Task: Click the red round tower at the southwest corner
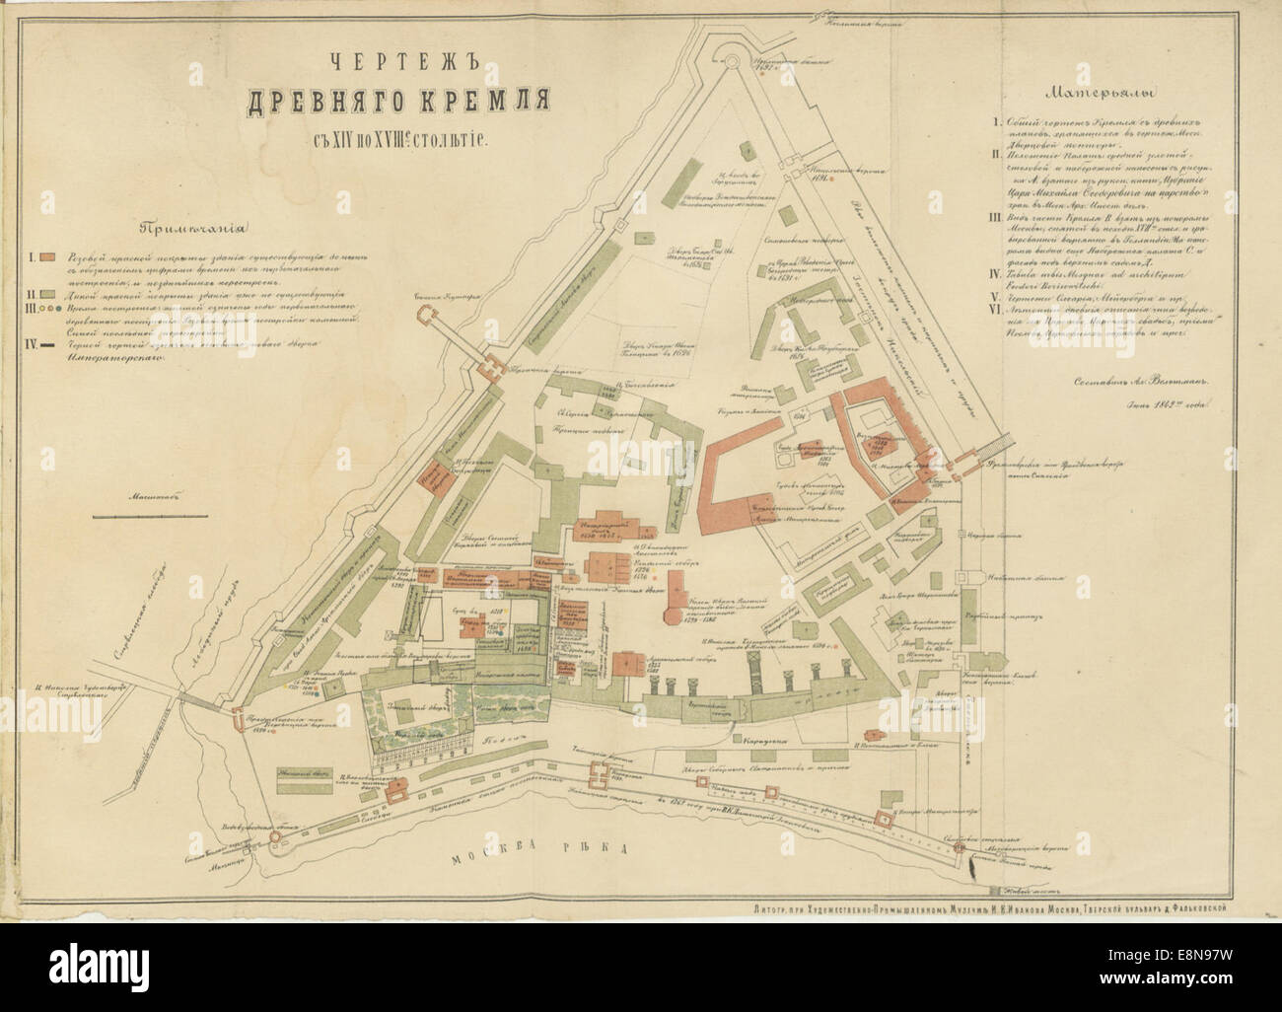(x=237, y=719)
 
